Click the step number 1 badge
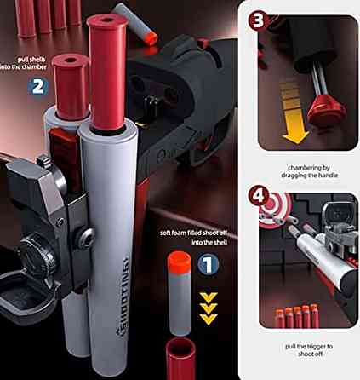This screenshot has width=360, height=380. pyautogui.click(x=209, y=264)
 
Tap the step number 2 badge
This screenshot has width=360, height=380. pyautogui.click(x=37, y=86)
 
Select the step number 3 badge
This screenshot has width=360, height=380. pyautogui.click(x=258, y=20)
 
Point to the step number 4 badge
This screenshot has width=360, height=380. pyautogui.click(x=258, y=196)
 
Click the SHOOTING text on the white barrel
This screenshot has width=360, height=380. pyautogui.click(x=123, y=297)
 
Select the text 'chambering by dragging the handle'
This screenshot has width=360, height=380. pyautogui.click(x=309, y=171)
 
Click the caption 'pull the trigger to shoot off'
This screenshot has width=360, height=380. pyautogui.click(x=309, y=350)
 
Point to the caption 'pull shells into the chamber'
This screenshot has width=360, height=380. pyautogui.click(x=24, y=63)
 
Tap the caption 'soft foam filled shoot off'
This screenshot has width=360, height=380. pyautogui.click(x=194, y=233)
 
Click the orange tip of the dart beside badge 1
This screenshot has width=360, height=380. pyautogui.click(x=179, y=262)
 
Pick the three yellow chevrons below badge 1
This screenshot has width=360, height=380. pyautogui.click(x=209, y=308)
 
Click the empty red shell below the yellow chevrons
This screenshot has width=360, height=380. pyautogui.click(x=180, y=359)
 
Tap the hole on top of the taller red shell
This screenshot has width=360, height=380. pyautogui.click(x=107, y=20)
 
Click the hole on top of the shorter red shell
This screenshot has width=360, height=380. pyautogui.click(x=70, y=60)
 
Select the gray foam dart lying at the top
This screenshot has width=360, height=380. pyautogui.click(x=135, y=24)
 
